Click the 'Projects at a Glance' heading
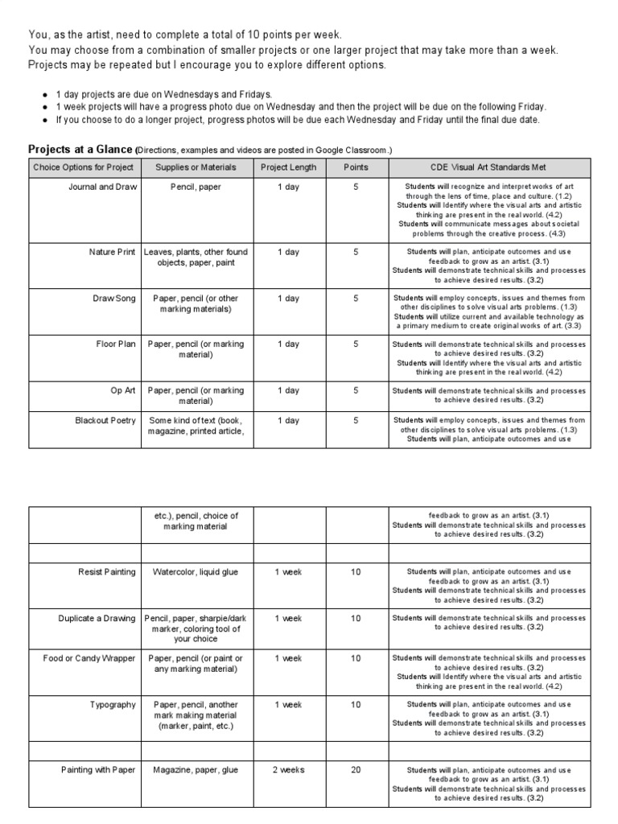[x=80, y=150]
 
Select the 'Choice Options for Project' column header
[x=84, y=167]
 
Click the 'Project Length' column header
[x=289, y=167]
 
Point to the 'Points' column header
[x=356, y=167]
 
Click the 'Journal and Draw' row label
[x=103, y=187]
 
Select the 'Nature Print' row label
[x=112, y=252]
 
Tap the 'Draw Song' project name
[x=114, y=299]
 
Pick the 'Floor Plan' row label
[x=116, y=344]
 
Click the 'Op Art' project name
[x=123, y=390]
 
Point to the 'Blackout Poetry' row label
[x=105, y=421]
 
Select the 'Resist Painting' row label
[x=107, y=572]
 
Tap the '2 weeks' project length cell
[x=288, y=770]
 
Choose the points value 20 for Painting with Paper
[x=356, y=770]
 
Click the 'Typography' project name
[x=113, y=705]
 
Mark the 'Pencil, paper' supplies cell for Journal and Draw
[x=196, y=187]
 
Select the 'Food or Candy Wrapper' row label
[x=89, y=658]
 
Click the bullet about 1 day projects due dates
[x=158, y=94]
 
